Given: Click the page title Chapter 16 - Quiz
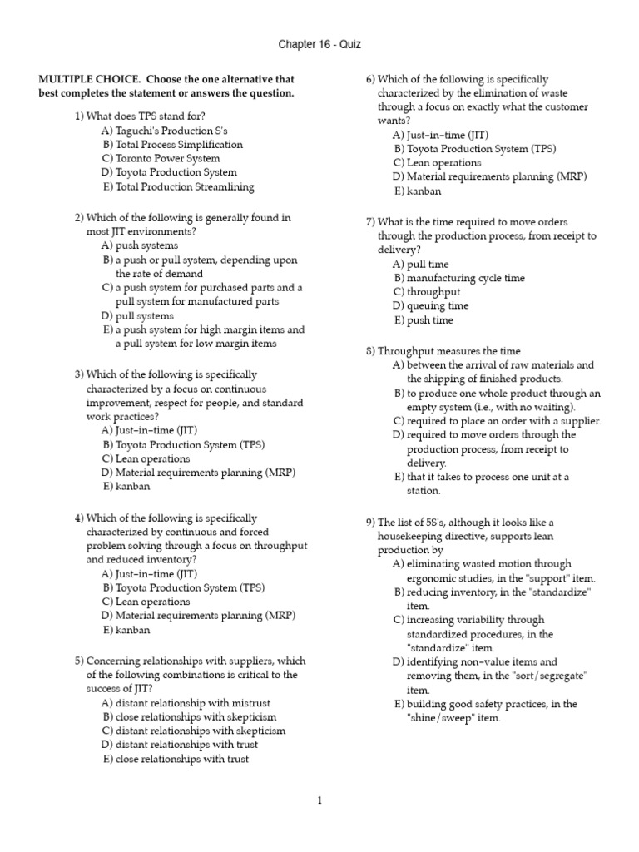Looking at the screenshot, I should point(319,44).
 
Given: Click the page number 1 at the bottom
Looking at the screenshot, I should point(319,800).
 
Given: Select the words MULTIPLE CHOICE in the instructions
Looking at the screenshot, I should point(82,79).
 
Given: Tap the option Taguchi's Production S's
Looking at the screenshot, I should point(164,130).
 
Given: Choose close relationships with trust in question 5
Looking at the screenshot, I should point(175,759).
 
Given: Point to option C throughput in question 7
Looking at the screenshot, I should point(427,292).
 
